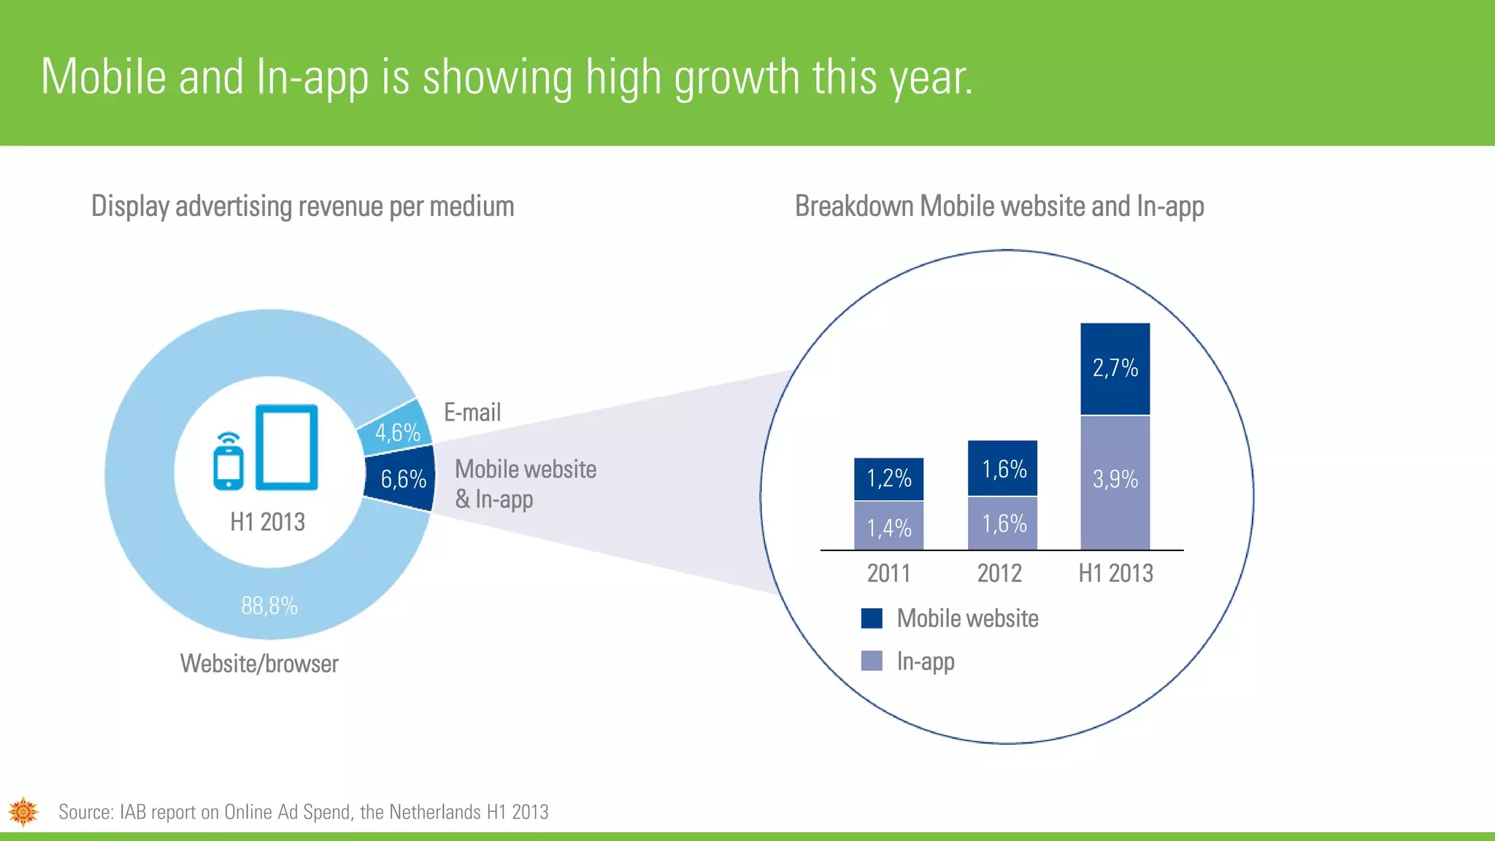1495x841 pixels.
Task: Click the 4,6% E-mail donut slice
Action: click(396, 431)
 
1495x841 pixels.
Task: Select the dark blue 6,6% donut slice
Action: click(402, 479)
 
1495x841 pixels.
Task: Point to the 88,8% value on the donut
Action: click(269, 606)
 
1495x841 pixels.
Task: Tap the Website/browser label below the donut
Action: click(259, 664)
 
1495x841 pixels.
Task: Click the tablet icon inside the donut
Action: click(287, 447)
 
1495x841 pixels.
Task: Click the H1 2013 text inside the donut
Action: click(267, 522)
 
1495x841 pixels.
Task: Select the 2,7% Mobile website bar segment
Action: click(1115, 368)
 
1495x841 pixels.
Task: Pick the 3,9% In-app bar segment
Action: click(1115, 482)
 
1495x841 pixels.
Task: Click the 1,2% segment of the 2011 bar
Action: click(888, 479)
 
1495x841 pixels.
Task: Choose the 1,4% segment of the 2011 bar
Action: click(888, 527)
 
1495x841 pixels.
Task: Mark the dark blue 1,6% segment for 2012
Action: click(1003, 469)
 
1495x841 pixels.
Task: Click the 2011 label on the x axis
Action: click(888, 573)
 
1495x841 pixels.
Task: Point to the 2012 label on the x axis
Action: click(999, 573)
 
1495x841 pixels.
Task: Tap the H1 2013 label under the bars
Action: click(1115, 573)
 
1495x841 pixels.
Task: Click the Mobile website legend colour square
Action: click(872, 618)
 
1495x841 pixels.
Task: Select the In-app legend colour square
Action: click(872, 661)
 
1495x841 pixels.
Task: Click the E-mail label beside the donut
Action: click(472, 412)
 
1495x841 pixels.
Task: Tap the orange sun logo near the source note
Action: click(23, 811)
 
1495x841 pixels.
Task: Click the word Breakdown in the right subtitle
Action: click(855, 207)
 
